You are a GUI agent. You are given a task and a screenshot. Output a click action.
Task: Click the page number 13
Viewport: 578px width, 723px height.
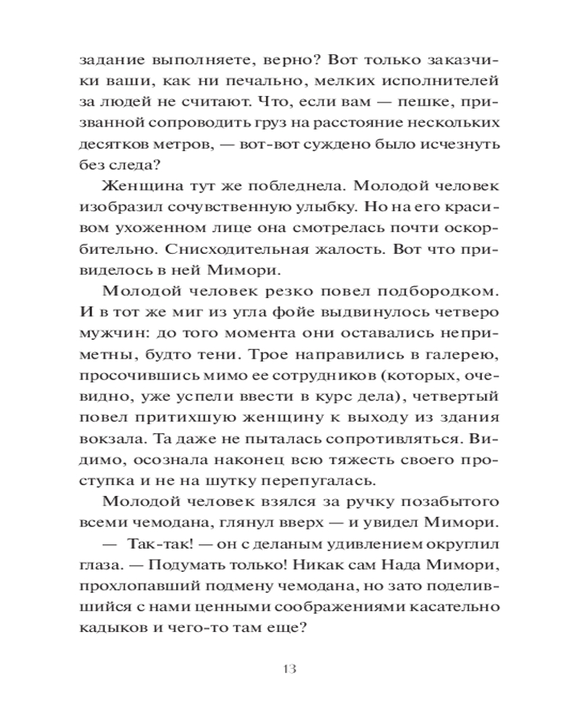click(288, 667)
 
